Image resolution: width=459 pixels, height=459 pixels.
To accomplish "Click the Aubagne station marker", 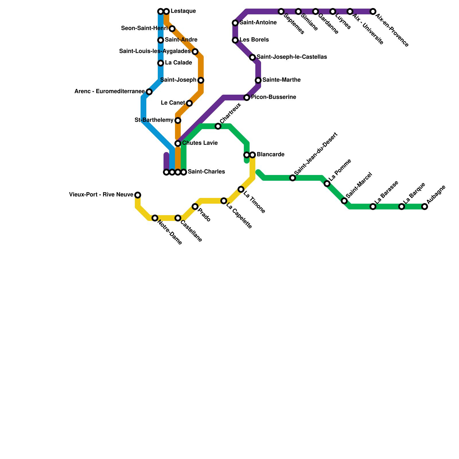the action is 425,207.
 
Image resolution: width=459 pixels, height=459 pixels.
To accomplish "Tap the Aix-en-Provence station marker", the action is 373,11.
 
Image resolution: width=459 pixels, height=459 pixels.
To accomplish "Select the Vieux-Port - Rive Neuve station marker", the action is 138,195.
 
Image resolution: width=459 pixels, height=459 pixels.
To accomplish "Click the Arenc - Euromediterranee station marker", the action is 149,92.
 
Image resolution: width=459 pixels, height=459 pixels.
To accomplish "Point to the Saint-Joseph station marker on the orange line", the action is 201,80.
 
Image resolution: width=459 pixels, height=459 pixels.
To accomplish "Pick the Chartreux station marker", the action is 218,126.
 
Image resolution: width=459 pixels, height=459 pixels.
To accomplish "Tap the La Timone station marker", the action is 241,189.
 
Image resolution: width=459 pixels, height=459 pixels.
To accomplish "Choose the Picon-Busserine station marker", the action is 247,98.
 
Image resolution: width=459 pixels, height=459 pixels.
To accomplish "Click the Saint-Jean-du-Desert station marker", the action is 293,178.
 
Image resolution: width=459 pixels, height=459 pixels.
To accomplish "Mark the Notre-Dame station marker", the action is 155,218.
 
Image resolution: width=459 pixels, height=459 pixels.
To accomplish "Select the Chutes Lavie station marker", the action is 178,143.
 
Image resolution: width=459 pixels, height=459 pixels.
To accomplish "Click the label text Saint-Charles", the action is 206,172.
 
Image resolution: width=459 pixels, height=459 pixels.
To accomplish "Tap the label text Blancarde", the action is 271,155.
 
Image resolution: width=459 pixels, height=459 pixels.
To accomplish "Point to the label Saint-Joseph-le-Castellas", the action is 292,57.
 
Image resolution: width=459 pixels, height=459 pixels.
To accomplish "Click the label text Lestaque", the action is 183,11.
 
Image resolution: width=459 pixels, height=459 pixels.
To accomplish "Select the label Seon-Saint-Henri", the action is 144,28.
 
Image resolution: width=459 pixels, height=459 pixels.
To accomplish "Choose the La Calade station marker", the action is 161,63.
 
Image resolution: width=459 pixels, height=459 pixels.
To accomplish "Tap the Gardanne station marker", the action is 316,11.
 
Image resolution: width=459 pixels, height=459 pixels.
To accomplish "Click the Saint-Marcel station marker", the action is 344,201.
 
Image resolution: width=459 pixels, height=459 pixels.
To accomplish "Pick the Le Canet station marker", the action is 189,103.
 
